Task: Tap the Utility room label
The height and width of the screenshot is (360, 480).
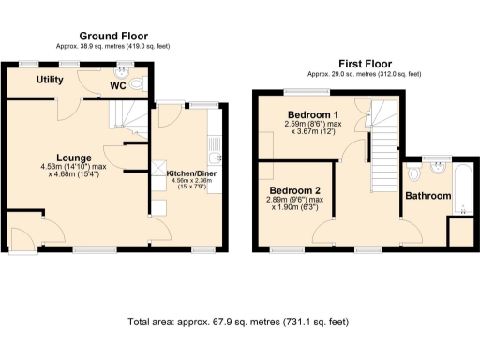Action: tap(50, 81)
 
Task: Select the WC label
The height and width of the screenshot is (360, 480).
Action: tap(118, 86)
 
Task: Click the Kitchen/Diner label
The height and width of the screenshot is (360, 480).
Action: tap(191, 173)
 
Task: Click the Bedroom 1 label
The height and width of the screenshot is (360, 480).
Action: tap(309, 114)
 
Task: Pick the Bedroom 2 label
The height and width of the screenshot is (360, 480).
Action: tap(296, 189)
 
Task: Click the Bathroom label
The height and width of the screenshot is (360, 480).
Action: tap(427, 196)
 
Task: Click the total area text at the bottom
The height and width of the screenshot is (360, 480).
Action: tap(238, 322)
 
